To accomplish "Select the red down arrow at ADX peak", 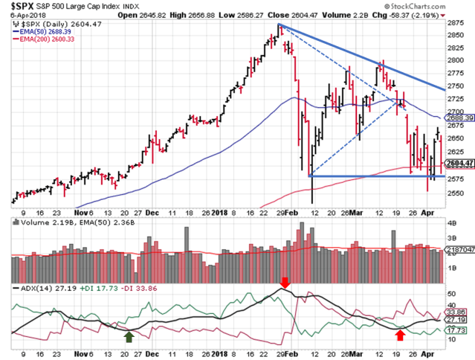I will click(x=285, y=280).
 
